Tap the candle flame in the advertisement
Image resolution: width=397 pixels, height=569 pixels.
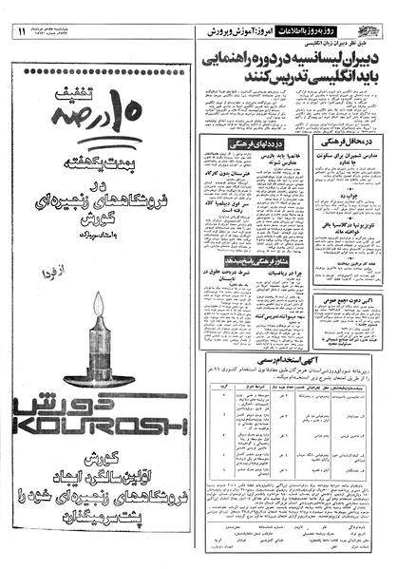tap(99, 277)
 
